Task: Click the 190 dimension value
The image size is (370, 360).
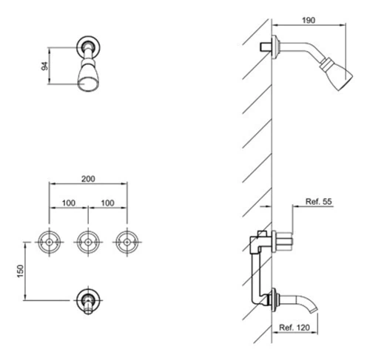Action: click(309, 20)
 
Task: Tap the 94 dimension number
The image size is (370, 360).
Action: click(45, 66)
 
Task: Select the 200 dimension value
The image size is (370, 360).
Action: click(88, 179)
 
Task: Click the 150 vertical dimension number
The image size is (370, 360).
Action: click(21, 271)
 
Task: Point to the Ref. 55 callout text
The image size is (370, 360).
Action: click(319, 202)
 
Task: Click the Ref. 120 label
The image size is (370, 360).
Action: click(295, 327)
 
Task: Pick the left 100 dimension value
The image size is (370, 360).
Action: click(69, 203)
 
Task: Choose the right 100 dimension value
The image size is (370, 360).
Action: click(107, 203)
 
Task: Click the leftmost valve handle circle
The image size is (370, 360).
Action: click(50, 231)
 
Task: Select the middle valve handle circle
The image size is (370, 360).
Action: click(88, 231)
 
